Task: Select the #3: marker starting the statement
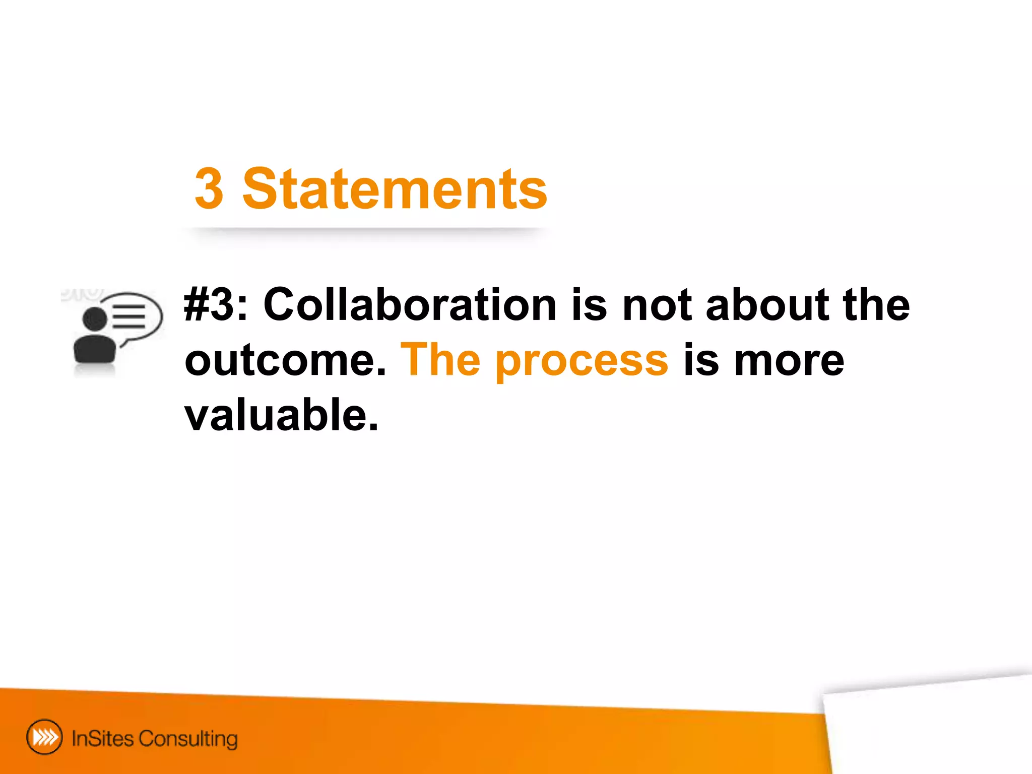(x=216, y=304)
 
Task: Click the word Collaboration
(x=410, y=304)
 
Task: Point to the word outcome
(x=285, y=360)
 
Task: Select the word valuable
(x=281, y=415)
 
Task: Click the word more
(x=789, y=360)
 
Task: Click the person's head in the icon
(x=95, y=318)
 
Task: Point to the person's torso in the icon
(x=95, y=349)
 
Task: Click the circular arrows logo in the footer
(x=44, y=737)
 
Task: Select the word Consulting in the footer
(x=188, y=739)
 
